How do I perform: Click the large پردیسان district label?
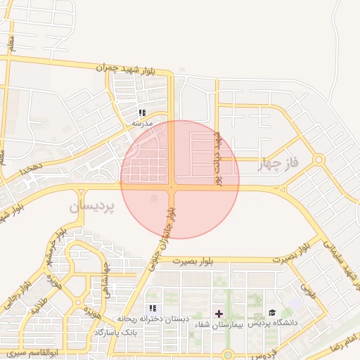[91, 207]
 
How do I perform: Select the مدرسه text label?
[143, 122]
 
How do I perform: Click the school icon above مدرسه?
[142, 112]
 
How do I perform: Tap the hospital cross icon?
[219, 312]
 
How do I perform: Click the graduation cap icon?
[272, 312]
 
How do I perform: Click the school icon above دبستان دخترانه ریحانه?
[153, 309]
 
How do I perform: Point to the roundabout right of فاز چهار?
[319, 160]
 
